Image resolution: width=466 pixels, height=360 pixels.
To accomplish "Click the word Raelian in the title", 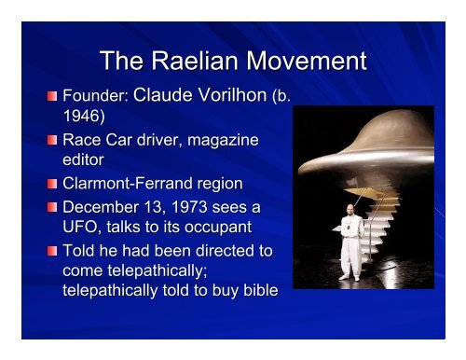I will (186, 62).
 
